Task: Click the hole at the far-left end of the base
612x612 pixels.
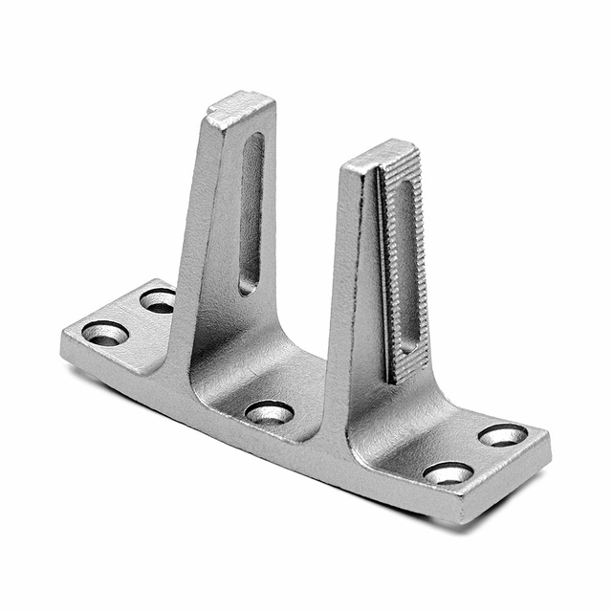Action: [x=105, y=334]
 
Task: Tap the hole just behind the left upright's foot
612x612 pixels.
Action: [x=159, y=300]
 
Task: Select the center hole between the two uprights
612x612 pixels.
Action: [x=270, y=413]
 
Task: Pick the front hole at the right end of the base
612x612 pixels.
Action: [x=448, y=473]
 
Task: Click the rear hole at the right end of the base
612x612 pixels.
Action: [x=502, y=435]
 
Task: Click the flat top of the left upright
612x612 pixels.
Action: [x=241, y=108]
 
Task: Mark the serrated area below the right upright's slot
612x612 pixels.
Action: [x=407, y=364]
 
